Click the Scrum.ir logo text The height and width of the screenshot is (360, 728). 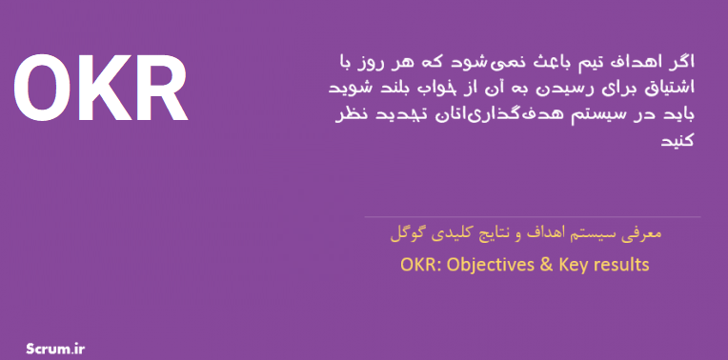coord(55,349)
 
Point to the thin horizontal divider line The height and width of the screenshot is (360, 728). coord(532,216)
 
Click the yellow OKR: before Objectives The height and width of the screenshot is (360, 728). coord(421,265)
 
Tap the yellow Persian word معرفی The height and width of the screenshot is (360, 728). coord(644,233)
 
